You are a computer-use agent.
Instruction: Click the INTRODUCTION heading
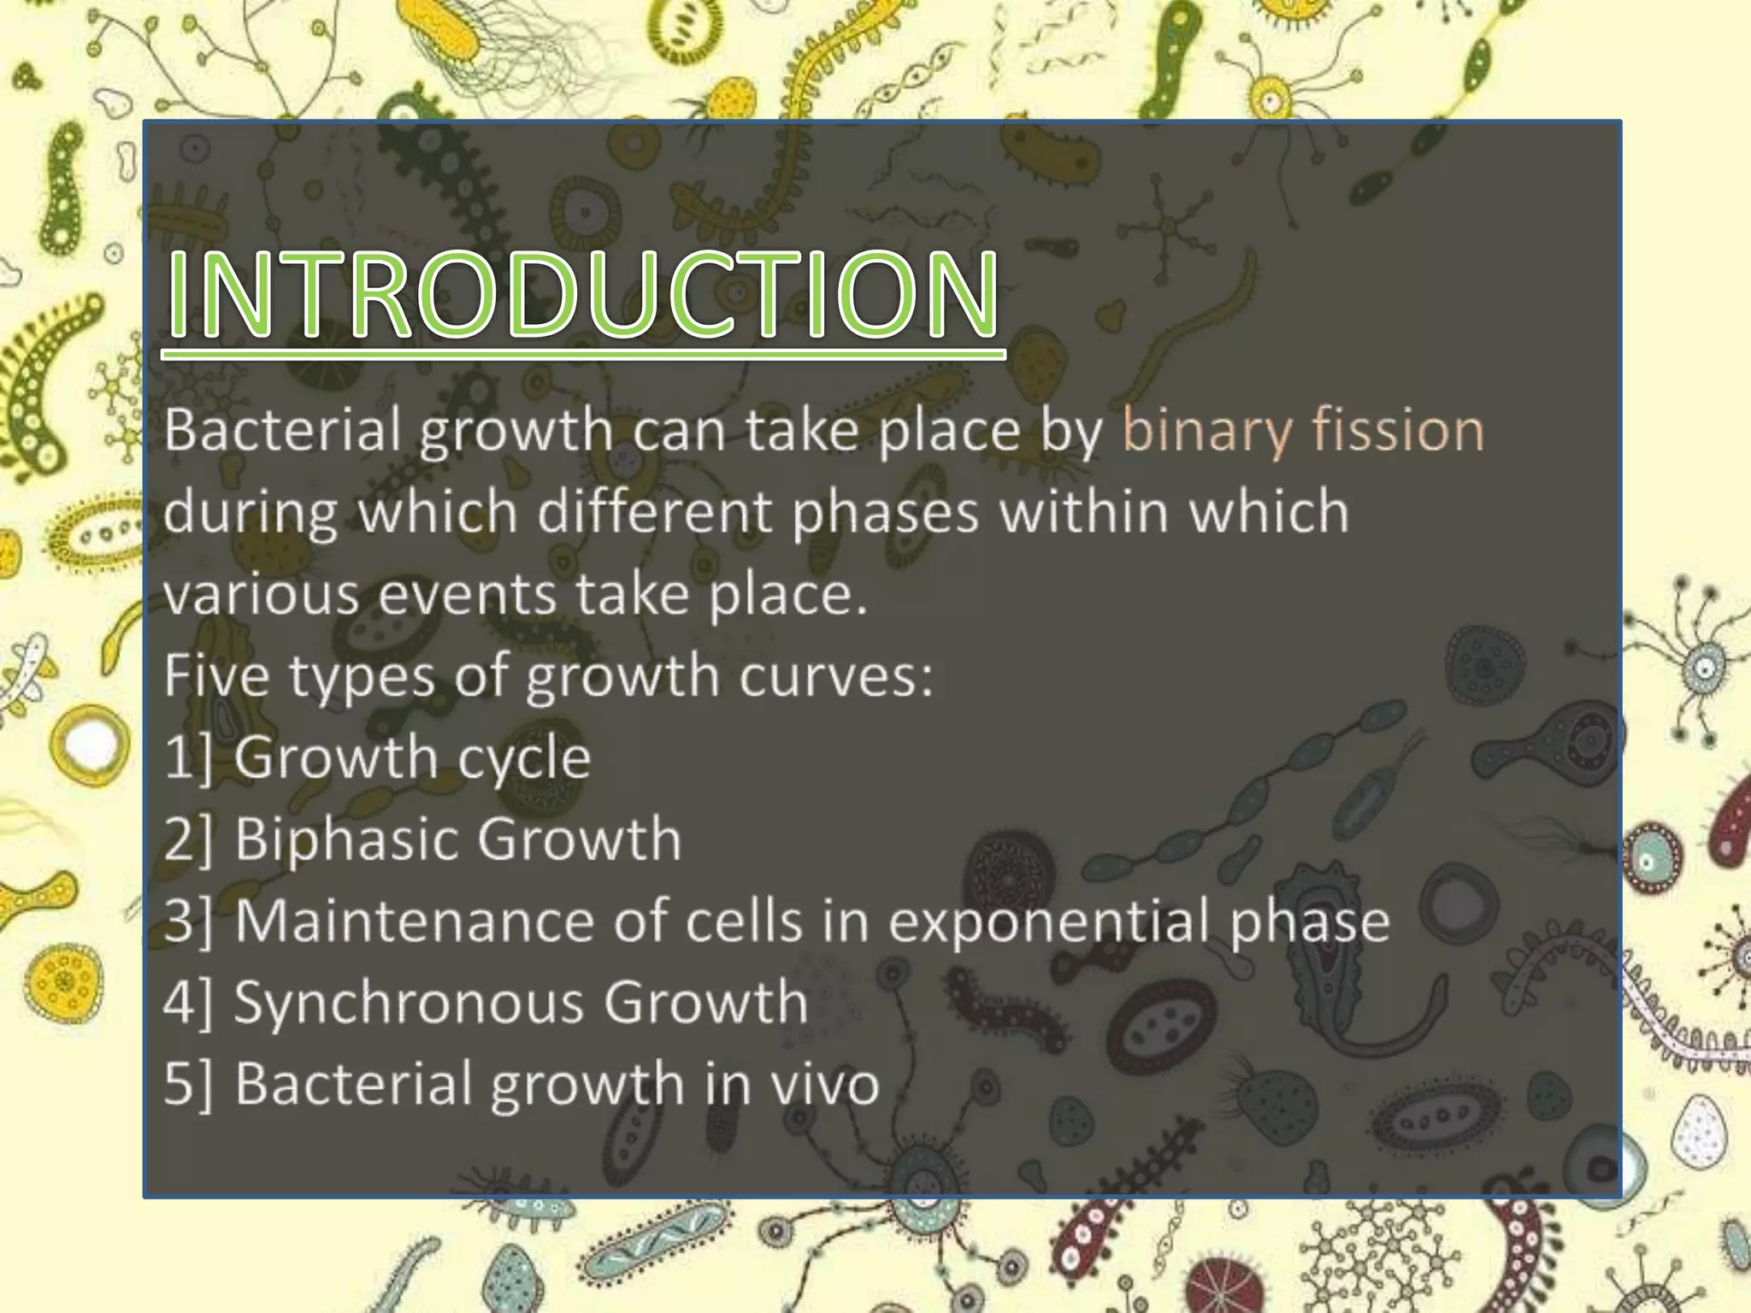click(583, 295)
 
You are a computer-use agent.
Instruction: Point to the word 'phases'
click(885, 513)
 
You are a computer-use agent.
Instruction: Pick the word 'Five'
click(218, 675)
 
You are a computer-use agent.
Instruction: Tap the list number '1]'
click(188, 757)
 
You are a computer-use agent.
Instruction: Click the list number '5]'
click(188, 1084)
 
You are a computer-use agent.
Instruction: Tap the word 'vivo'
click(825, 1084)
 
